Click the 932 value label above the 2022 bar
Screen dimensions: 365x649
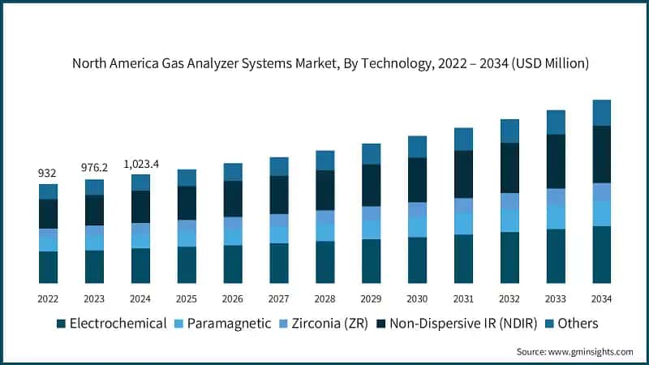tap(48, 174)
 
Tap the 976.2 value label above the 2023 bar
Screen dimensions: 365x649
tap(94, 169)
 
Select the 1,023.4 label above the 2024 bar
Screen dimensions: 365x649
tap(140, 164)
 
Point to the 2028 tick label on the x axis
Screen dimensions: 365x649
tap(325, 298)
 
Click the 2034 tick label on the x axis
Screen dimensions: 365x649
tap(601, 298)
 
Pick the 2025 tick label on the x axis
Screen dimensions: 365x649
tap(187, 298)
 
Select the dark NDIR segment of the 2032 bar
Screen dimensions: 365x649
tap(509, 168)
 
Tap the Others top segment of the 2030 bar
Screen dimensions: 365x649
tap(417, 146)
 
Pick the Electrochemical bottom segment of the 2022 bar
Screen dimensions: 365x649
tap(48, 267)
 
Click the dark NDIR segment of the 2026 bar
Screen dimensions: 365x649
tap(233, 199)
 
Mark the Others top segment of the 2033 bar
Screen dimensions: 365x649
tap(556, 122)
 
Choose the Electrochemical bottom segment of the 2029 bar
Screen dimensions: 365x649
tap(371, 260)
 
